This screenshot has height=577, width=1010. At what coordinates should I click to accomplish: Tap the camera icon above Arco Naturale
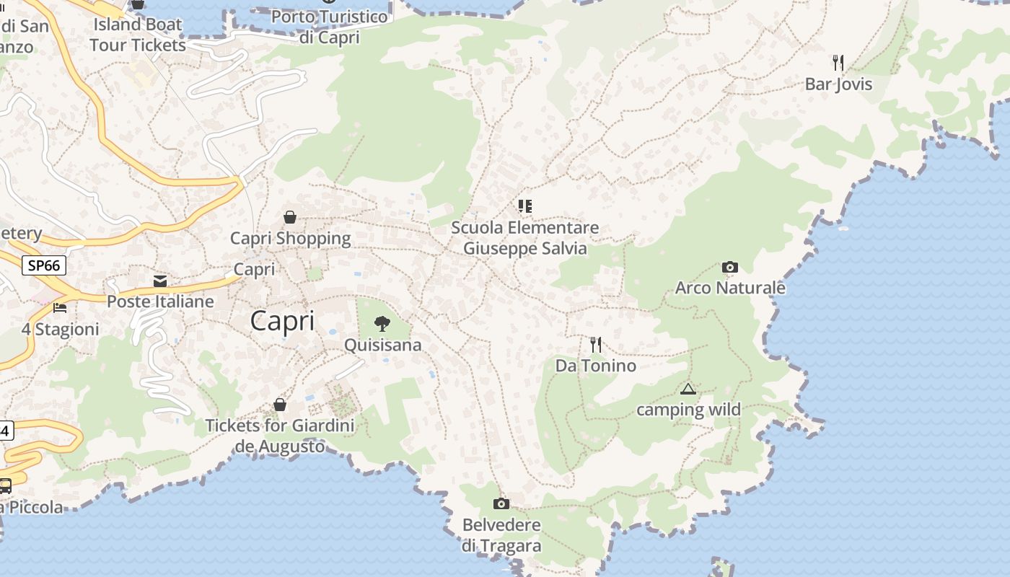729,268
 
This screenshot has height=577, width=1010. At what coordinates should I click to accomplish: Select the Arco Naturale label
730,288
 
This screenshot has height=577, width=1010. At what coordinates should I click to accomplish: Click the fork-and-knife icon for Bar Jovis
838,63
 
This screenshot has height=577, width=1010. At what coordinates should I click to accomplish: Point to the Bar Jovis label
838,84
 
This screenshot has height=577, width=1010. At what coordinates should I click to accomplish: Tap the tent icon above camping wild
688,389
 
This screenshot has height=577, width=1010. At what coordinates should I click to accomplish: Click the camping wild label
688,410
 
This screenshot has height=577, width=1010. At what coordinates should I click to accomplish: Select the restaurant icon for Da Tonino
595,345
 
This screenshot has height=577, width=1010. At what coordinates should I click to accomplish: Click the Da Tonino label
595,366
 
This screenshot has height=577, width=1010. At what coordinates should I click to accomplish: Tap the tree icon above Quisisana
382,323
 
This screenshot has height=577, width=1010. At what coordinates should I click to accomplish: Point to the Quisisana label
382,345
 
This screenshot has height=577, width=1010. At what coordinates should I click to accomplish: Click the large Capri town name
282,321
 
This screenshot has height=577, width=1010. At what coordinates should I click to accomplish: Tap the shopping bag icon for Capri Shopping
290,217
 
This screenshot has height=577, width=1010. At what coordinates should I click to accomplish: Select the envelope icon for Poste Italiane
160,281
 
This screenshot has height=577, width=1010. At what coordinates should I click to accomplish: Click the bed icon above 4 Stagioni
60,308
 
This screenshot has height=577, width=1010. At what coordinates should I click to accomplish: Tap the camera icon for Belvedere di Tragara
501,503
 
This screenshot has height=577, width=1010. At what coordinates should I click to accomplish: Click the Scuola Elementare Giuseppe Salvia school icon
524,206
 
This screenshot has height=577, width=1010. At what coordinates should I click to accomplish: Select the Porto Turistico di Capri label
329,27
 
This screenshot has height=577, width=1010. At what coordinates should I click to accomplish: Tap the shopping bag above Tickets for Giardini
280,405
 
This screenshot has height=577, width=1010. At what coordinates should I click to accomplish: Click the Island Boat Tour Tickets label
138,34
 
